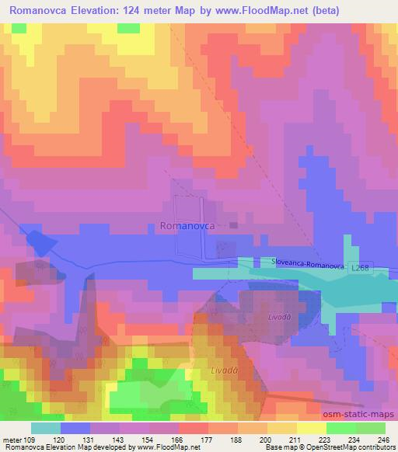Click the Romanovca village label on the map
coord(187,227)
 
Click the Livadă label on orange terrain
coord(224,372)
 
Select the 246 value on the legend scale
coord(383,439)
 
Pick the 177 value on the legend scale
coord(208,439)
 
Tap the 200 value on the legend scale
coord(266,439)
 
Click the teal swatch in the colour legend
coord(46,428)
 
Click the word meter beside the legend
coord(12,439)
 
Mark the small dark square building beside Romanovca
coord(234,226)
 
